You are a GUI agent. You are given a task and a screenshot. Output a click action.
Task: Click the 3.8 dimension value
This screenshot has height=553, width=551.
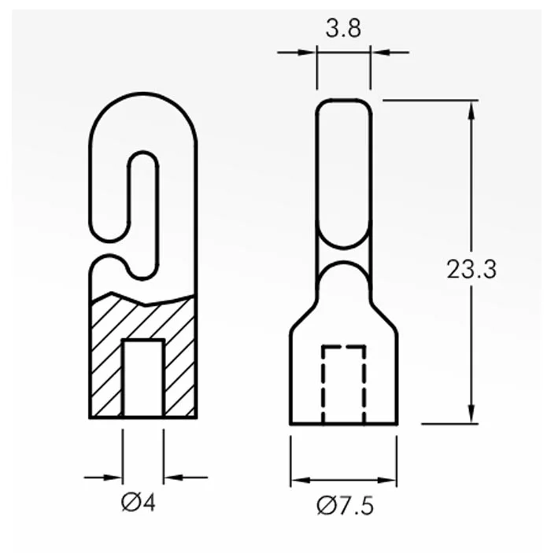pyautogui.click(x=343, y=29)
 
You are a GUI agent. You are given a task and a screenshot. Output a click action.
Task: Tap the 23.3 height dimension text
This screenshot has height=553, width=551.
pyautogui.click(x=471, y=269)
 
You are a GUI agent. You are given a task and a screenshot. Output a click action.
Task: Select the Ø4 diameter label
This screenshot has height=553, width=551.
pyautogui.click(x=138, y=503)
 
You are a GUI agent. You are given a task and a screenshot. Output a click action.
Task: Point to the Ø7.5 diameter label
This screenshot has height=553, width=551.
pyautogui.click(x=345, y=506)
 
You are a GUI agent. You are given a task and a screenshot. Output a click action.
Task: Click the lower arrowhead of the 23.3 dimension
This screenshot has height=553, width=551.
pyautogui.click(x=471, y=413)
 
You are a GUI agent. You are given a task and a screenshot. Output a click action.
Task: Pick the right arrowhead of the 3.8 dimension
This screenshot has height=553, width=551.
pyautogui.click(x=380, y=53)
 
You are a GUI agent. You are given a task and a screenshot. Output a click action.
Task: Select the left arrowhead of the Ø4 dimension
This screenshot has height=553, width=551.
pyautogui.click(x=113, y=477)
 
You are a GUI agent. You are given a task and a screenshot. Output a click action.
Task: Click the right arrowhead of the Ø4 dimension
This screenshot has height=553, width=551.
pyautogui.click(x=173, y=477)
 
